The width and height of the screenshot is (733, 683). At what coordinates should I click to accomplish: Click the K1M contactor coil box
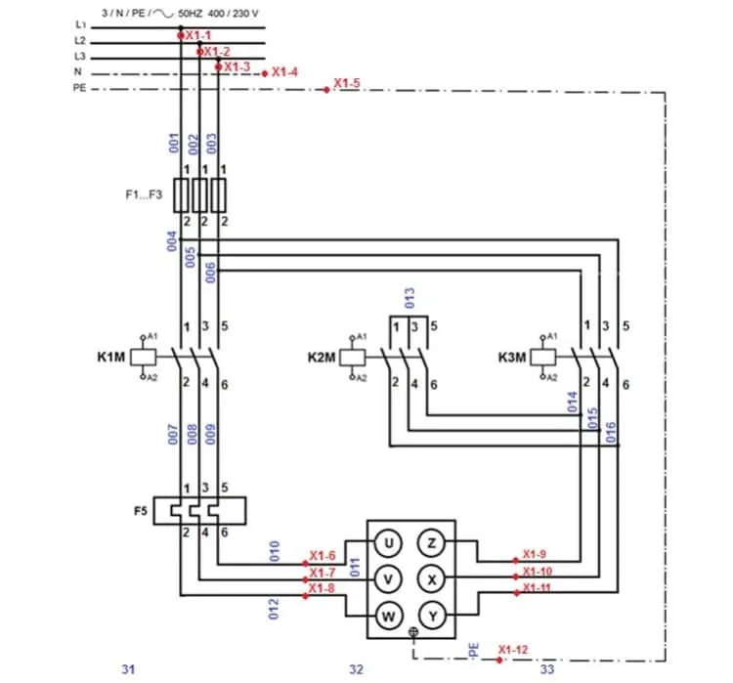click(143, 358)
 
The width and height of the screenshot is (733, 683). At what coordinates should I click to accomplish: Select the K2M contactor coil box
click(353, 358)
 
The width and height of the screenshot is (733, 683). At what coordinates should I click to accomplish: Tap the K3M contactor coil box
click(542, 358)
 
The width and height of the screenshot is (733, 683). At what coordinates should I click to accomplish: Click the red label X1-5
click(346, 83)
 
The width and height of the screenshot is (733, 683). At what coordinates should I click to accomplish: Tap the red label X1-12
click(513, 650)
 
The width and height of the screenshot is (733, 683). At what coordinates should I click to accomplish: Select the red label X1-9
click(535, 554)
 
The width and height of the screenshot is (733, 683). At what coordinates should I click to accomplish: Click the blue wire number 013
click(410, 298)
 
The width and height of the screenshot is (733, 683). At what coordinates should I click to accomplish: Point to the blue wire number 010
click(275, 551)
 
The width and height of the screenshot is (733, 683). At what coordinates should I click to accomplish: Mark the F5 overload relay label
click(141, 510)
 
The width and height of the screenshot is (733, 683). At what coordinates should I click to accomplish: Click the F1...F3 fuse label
click(144, 194)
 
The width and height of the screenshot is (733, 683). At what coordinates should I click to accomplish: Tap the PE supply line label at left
click(79, 88)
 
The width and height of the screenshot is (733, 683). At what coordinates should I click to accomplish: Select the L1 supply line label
click(81, 24)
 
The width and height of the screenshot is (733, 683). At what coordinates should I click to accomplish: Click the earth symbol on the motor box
click(413, 632)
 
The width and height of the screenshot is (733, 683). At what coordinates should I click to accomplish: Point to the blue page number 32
click(356, 669)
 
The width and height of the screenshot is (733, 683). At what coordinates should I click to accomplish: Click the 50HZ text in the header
click(190, 14)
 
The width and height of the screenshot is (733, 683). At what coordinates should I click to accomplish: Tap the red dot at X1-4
click(265, 73)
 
